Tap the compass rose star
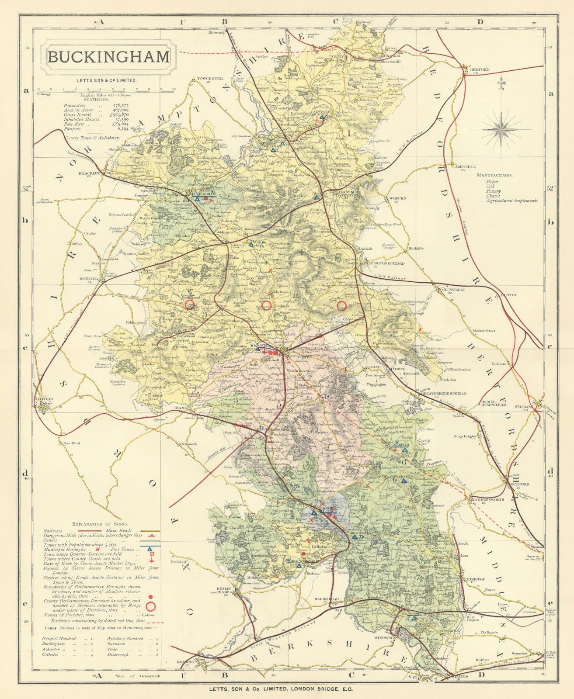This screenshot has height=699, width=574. click(x=501, y=127)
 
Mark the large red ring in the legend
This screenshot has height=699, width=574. click(x=152, y=606)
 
